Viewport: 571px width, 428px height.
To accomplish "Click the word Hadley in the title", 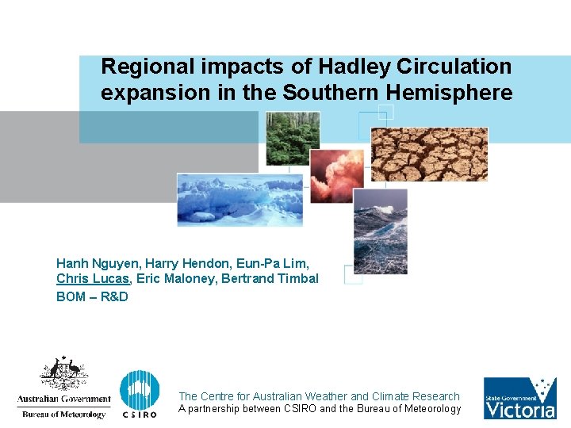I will [344, 67].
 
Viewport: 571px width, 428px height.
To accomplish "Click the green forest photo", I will [293, 138].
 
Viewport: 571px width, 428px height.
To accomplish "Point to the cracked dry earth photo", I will [429, 154].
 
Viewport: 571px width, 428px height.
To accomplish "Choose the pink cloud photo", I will [336, 175].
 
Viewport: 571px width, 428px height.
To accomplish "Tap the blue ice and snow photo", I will [240, 199].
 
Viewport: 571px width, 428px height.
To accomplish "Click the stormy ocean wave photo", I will [380, 231].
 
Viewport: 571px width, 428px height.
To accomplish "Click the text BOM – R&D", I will [92, 296].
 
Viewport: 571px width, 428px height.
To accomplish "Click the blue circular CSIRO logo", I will [139, 391].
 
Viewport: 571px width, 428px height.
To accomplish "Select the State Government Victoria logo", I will [520, 398].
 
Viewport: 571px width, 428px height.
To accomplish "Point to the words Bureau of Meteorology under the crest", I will [63, 414].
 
